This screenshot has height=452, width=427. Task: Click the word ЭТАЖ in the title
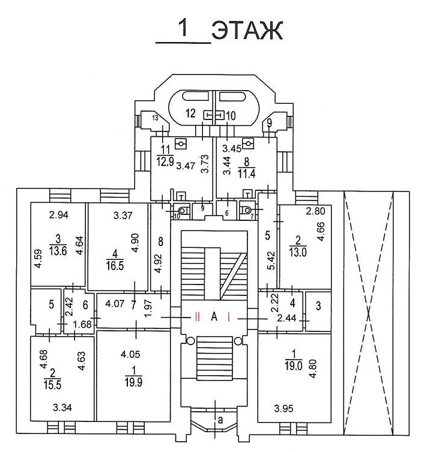247,30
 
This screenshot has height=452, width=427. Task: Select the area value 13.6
58,251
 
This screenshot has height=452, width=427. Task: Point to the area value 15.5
52,385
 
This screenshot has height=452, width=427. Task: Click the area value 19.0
294,366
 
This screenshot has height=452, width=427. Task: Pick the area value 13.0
298,252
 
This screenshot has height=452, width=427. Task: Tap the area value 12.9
165,161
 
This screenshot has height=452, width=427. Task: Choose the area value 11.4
246,174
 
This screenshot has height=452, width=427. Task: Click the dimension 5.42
271,261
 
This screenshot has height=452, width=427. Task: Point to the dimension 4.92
159,264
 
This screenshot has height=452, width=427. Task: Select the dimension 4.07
115,304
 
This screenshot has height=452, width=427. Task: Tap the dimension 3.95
283,408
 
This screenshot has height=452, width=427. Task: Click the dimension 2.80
315,211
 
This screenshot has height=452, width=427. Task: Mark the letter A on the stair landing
214,317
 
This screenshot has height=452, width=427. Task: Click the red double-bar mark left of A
197,317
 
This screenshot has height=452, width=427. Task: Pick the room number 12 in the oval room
190,113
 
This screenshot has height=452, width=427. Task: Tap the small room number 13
155,118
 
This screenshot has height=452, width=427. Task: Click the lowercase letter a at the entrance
220,420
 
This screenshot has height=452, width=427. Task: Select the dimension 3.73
205,164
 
